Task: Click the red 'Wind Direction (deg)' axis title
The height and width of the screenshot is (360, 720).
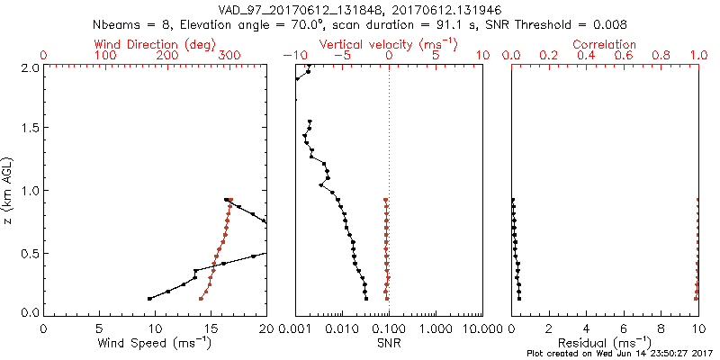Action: [x=155, y=44]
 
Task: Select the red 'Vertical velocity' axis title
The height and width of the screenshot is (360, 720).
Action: [x=388, y=44]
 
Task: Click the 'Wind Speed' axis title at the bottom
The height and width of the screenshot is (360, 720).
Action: [x=155, y=342]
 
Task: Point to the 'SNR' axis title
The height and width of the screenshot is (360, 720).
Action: [x=389, y=342]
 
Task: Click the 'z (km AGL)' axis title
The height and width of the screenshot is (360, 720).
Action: [x=12, y=189]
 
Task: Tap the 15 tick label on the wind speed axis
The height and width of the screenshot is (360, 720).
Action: [x=210, y=329]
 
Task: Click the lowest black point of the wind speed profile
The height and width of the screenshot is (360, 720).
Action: [x=149, y=298]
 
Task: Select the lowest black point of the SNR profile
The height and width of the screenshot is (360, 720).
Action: [x=366, y=298]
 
